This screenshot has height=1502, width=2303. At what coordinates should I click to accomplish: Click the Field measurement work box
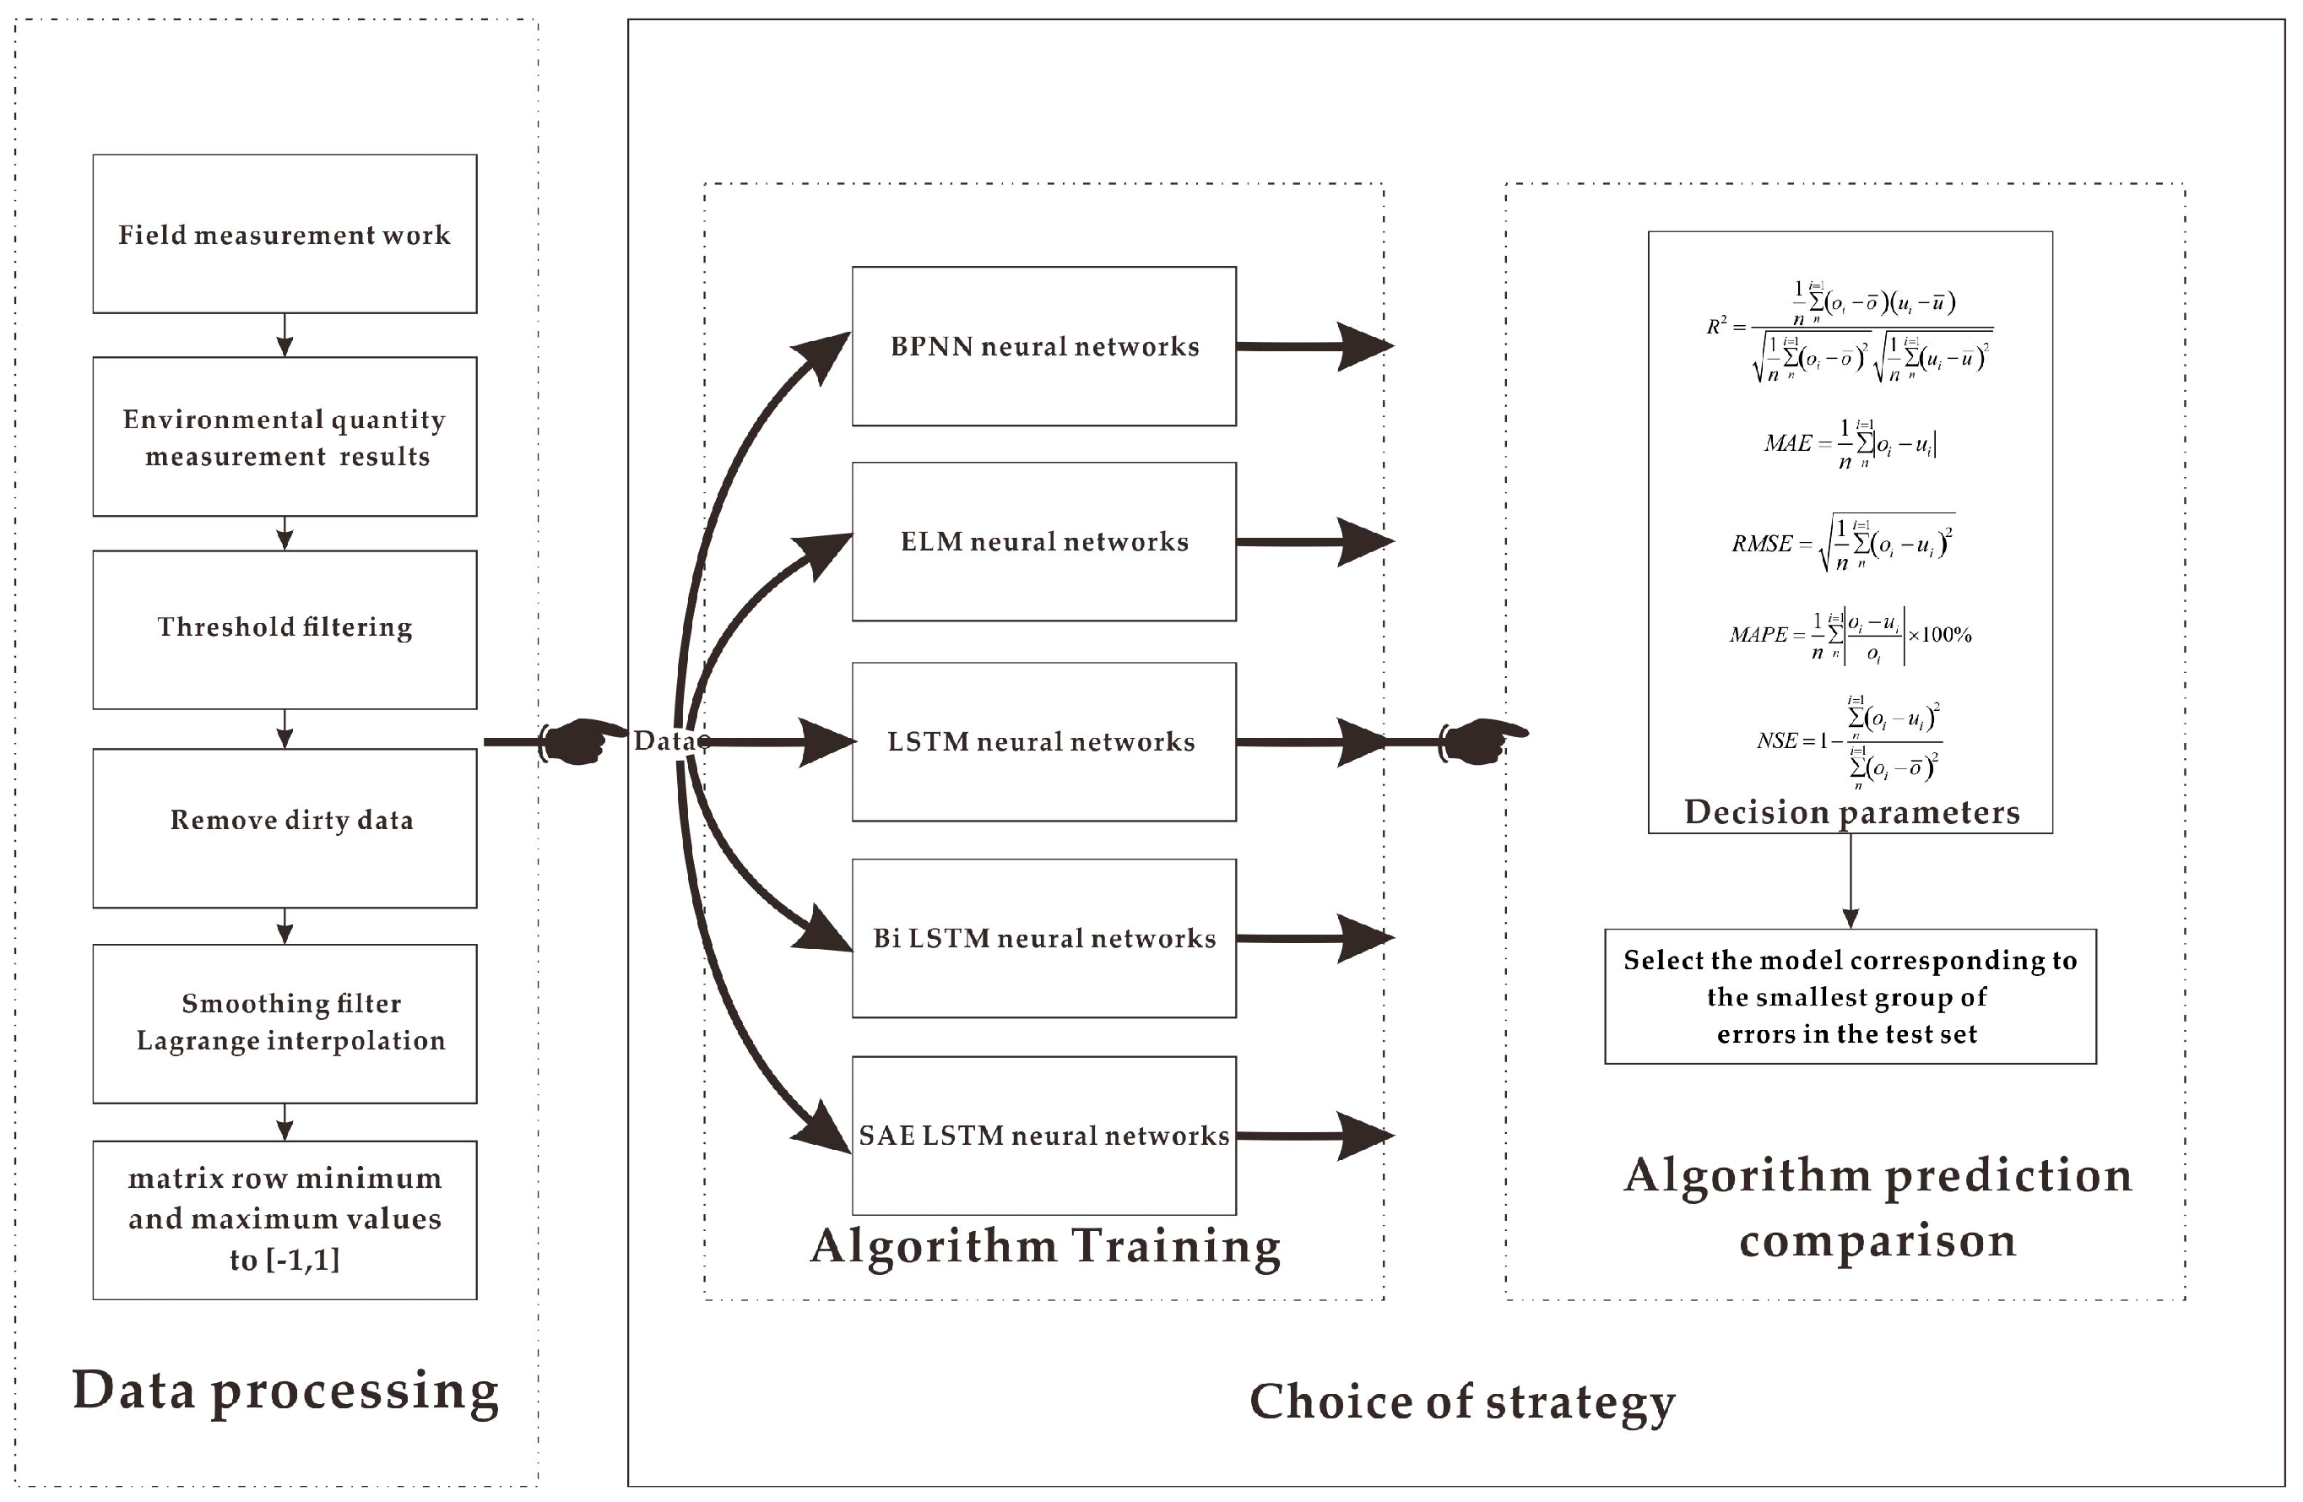pos(284,234)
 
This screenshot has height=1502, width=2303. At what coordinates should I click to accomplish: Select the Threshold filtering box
pos(284,629)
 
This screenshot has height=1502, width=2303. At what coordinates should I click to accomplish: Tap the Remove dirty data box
pos(284,827)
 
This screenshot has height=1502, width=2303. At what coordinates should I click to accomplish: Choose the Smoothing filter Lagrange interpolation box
pos(284,1023)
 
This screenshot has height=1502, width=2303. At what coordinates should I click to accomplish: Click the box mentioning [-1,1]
pos(284,1219)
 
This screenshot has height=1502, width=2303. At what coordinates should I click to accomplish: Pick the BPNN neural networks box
pos(1043,345)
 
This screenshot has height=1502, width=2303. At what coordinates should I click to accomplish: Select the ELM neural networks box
pos(1043,541)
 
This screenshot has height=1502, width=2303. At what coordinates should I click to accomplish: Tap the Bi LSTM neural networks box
pos(1043,938)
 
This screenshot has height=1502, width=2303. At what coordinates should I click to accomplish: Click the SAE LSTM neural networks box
pos(1043,1136)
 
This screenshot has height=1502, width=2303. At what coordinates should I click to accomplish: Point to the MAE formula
pos(1848,444)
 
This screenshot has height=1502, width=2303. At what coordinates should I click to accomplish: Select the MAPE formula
pos(1849,636)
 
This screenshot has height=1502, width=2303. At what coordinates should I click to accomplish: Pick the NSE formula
pos(1849,740)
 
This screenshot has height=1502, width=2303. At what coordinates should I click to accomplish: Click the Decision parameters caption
pos(1851,812)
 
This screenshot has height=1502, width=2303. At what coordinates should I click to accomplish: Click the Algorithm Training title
pos(1045,1245)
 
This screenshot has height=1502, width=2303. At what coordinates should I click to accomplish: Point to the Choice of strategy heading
pos(1461,1402)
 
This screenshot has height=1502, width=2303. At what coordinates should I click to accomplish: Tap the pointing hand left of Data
pos(583,741)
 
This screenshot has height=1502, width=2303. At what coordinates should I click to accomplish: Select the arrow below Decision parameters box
pos(1851,881)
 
